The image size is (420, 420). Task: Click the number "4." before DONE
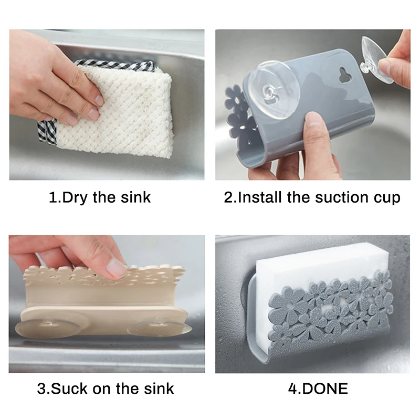[x=294, y=388]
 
